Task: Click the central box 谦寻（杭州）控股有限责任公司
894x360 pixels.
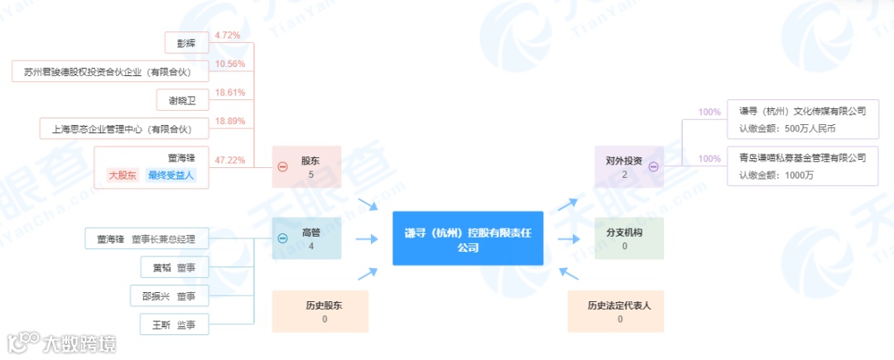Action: click(468, 238)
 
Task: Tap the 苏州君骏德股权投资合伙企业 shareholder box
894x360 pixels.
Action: click(108, 72)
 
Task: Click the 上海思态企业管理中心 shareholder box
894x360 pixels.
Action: click(122, 129)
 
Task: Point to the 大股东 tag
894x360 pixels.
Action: click(123, 175)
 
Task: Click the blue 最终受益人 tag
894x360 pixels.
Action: click(171, 175)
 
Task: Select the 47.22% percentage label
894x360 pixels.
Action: click(229, 160)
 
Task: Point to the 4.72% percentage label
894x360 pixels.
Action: click(227, 36)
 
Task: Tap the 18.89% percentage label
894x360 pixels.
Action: click(229, 121)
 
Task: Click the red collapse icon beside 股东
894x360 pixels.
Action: click(282, 166)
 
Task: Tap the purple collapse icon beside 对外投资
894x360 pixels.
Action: click(653, 166)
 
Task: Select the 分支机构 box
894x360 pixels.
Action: click(629, 238)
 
